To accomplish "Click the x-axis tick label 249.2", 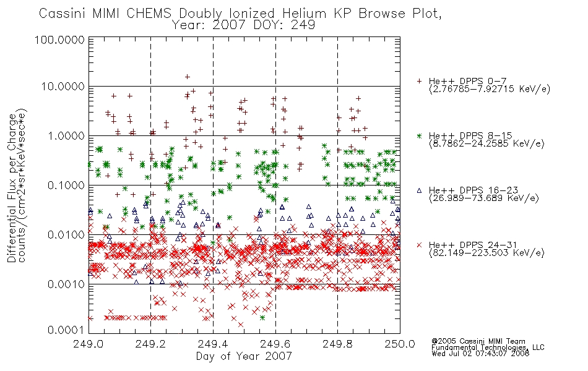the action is [151, 344].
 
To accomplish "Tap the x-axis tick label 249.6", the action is [275, 344].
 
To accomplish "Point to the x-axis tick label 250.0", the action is [400, 344].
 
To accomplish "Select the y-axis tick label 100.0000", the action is [59, 40].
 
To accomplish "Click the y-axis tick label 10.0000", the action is [63, 87].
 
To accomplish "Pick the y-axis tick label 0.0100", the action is [66, 235].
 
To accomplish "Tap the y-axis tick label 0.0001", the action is [66, 330].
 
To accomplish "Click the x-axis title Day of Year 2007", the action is [244, 356].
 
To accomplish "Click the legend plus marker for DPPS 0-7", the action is [419, 81].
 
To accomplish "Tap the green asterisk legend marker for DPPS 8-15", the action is [419, 135].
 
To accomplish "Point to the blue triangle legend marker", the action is [419, 190].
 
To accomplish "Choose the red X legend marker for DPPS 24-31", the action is [419, 245].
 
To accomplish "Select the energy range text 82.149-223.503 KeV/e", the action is [486, 253].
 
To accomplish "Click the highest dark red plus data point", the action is [188, 77].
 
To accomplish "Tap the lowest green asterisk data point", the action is [262, 317].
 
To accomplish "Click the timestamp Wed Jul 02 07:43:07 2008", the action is [480, 353].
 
